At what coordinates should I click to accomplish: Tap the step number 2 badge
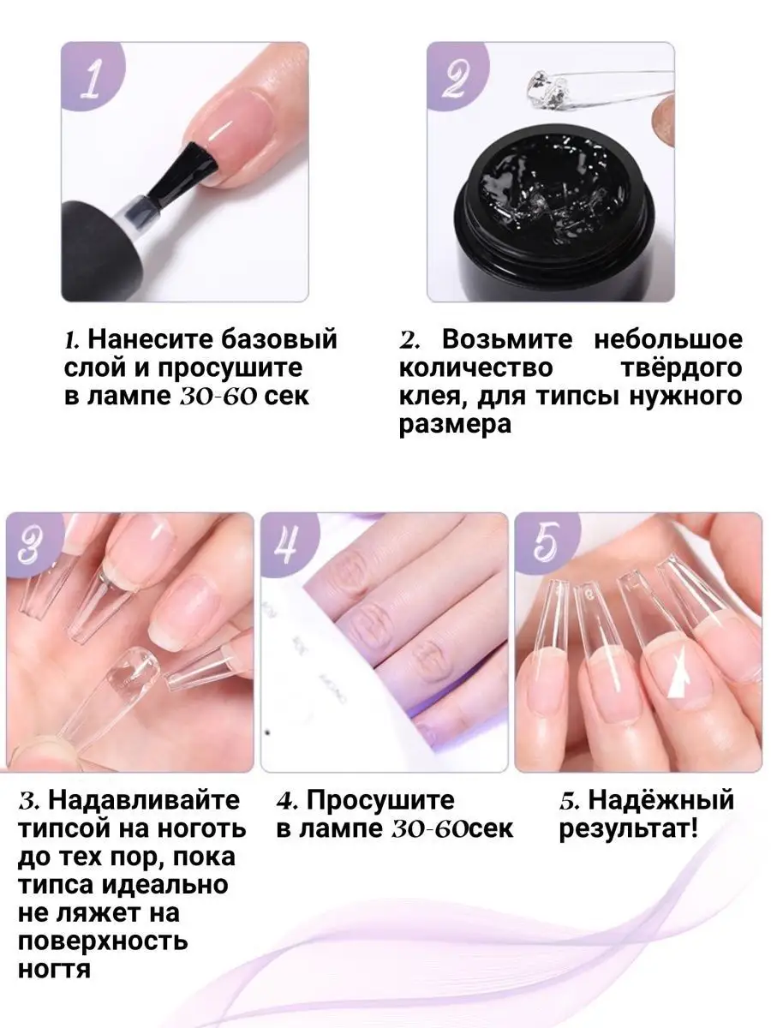coord(457,76)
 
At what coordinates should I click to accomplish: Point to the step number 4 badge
coord(289,545)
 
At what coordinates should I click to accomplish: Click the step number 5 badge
coord(546,545)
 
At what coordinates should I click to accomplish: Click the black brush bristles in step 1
coord(183,171)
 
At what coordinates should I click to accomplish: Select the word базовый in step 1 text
coord(279,339)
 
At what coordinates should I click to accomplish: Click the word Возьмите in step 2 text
coord(506,339)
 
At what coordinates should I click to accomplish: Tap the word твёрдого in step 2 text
coord(682,368)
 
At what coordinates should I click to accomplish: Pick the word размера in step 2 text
coord(455,426)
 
